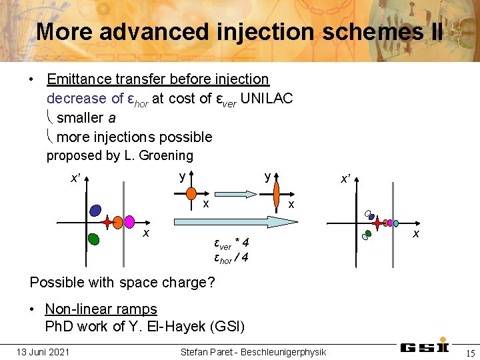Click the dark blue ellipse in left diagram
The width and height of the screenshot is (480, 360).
point(95,210)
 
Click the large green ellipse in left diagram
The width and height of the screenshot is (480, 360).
point(93,237)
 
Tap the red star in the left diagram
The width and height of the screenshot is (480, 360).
point(117,222)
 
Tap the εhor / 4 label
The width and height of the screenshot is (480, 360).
point(231,258)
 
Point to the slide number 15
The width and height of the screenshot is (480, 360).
point(470,352)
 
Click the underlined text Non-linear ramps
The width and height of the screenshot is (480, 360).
point(101,309)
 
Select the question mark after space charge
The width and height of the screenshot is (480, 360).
point(211,282)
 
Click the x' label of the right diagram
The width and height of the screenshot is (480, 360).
point(346,179)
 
